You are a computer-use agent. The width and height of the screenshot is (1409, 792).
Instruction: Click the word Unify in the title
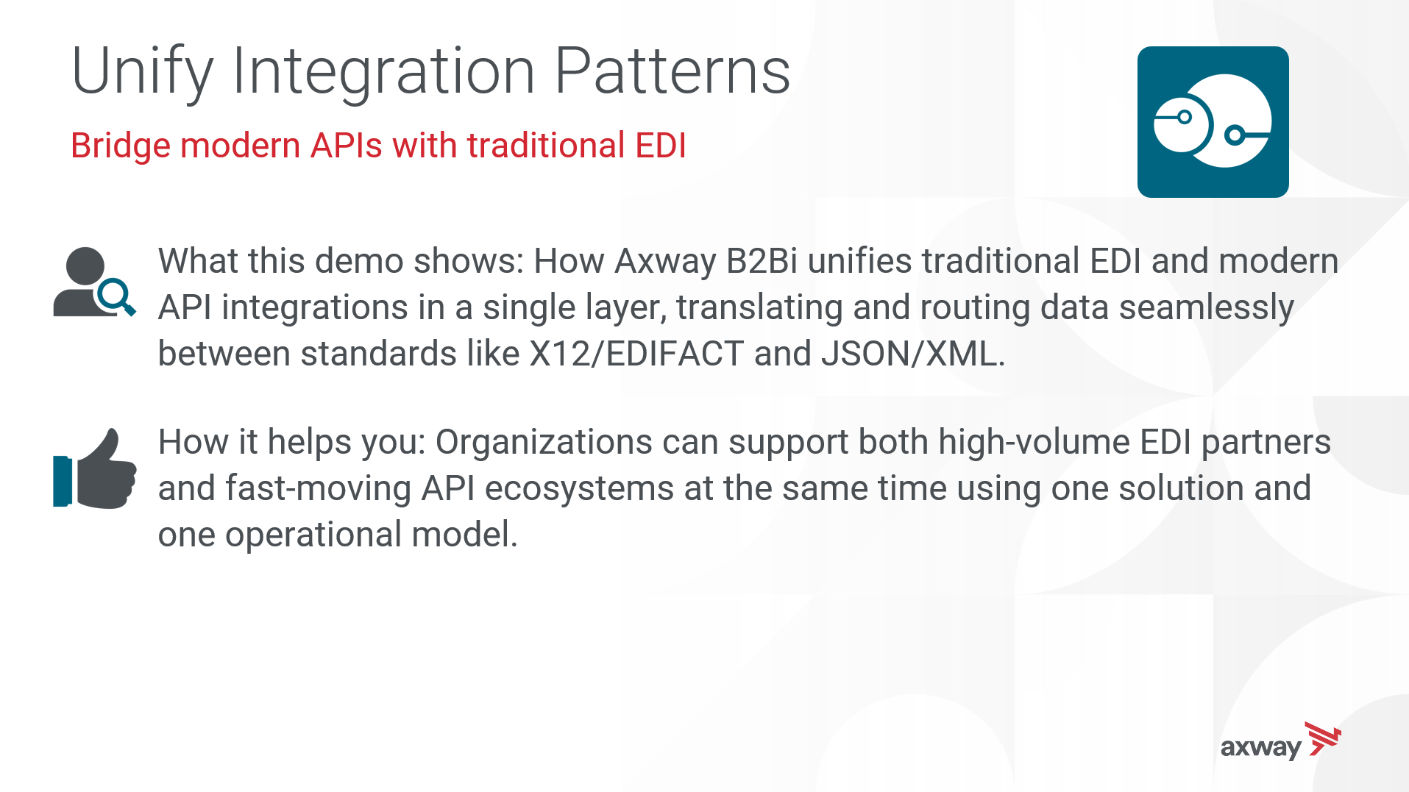tap(143, 72)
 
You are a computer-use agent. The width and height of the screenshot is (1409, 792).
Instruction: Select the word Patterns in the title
tap(672, 71)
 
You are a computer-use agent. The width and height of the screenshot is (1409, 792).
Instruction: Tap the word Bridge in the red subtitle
tap(120, 146)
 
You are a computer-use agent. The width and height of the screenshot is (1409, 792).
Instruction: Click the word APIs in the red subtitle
tap(347, 145)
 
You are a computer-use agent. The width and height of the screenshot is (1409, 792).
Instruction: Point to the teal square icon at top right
tap(1213, 122)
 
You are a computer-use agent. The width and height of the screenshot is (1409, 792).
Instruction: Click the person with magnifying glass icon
tap(94, 282)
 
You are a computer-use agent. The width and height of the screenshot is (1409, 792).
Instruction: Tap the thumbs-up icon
tap(94, 468)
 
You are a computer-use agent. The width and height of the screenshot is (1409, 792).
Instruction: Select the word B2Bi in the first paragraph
tap(762, 261)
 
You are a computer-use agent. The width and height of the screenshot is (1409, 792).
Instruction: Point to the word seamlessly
tap(1207, 308)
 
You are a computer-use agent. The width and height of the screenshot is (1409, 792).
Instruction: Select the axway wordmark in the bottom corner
tap(1261, 748)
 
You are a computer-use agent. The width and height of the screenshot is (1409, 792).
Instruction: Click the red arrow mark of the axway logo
tap(1323, 738)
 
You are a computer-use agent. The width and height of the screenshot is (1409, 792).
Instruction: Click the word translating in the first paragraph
tap(759, 308)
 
